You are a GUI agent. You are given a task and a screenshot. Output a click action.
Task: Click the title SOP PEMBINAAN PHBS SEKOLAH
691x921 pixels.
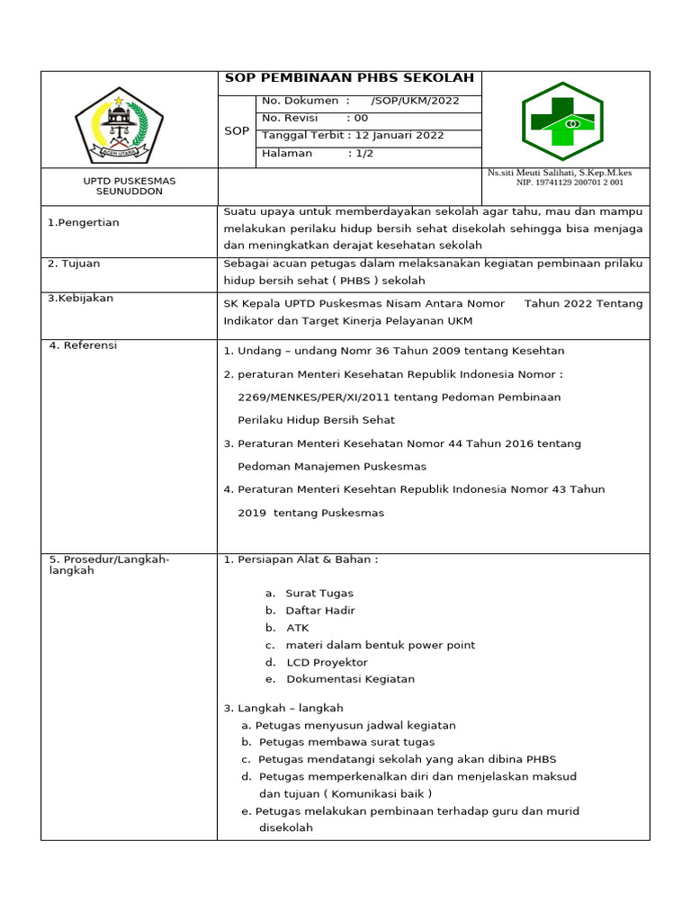tap(349, 78)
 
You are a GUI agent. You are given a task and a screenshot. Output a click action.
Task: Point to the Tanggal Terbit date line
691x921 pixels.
tap(353, 135)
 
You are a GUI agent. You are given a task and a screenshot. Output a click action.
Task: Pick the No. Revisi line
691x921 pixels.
tap(314, 118)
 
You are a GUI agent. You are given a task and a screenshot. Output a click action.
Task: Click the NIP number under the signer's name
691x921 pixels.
tap(569, 183)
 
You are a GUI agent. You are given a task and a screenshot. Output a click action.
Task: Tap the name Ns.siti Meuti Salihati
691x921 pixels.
tap(559, 172)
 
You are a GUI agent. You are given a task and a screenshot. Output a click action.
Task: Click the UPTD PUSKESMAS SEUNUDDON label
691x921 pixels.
tap(130, 186)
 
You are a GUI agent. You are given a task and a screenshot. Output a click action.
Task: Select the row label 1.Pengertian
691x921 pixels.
tap(84, 222)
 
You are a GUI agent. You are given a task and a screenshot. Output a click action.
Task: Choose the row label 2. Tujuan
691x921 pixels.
tap(75, 264)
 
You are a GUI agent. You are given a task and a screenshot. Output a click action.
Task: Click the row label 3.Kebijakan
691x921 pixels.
tap(81, 298)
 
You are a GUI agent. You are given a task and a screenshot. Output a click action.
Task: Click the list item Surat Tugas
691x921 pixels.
tap(319, 593)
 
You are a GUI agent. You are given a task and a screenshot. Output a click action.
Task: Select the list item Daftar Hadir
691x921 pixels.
tap(320, 610)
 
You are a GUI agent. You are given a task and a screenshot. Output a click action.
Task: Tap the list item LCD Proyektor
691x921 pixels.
tap(328, 662)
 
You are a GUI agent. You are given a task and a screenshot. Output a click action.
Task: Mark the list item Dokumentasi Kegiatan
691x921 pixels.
tap(350, 679)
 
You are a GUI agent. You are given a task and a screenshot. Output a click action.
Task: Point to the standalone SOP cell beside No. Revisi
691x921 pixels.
tap(237, 131)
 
